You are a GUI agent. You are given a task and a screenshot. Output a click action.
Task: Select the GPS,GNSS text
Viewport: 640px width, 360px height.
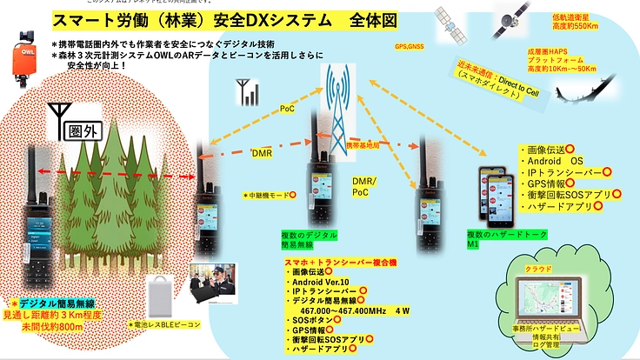(410, 47)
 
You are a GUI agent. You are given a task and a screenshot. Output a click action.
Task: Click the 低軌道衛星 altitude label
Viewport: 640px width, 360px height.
(574, 22)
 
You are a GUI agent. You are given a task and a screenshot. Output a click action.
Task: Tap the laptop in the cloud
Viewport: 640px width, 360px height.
(555, 304)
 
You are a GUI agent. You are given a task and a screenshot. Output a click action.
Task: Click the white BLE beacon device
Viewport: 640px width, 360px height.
(163, 293)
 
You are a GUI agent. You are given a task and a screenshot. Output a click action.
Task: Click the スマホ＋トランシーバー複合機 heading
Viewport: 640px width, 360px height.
(338, 261)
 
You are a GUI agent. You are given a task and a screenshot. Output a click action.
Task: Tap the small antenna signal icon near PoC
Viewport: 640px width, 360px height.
(244, 90)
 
